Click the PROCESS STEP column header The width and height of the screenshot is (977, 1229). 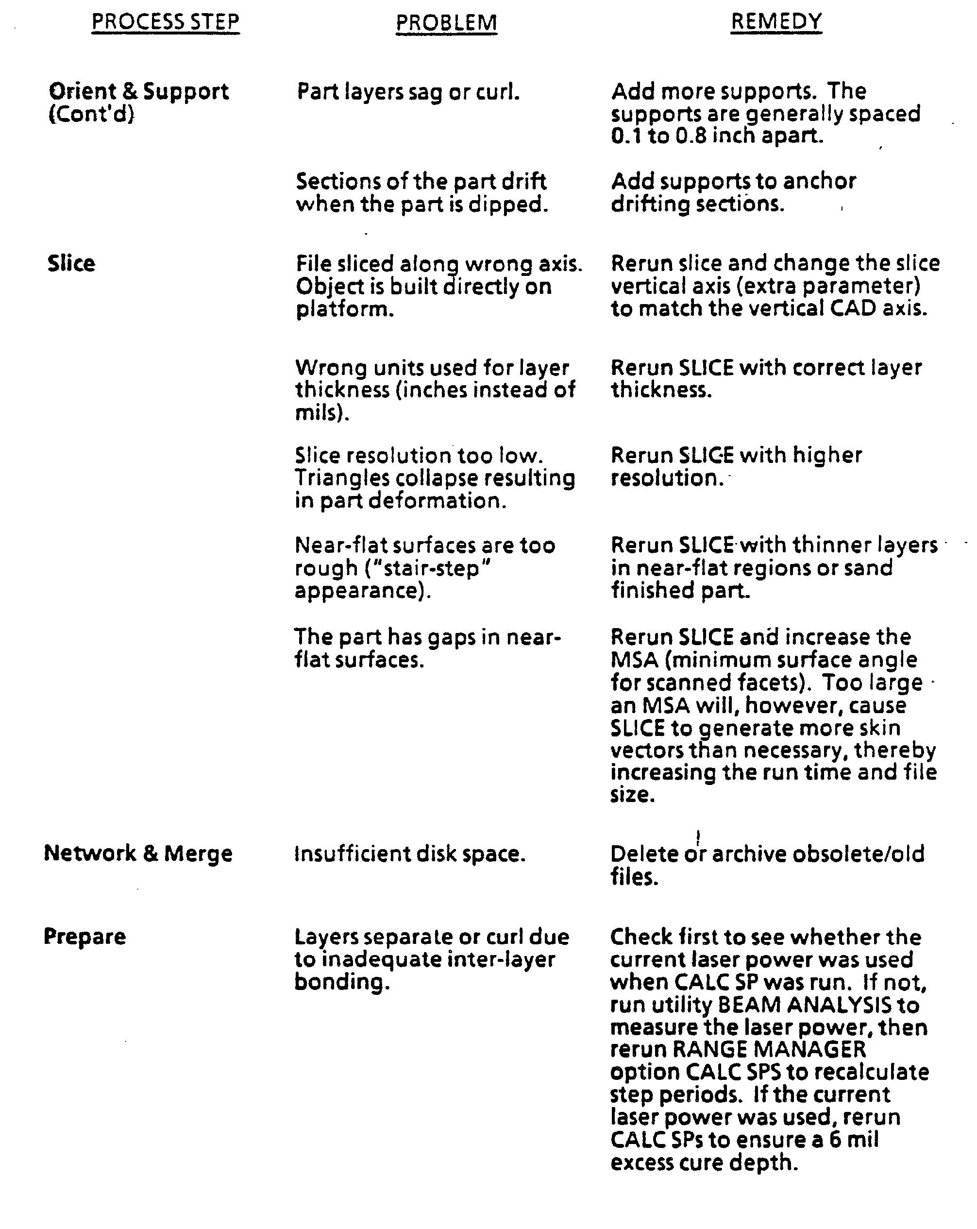tap(165, 22)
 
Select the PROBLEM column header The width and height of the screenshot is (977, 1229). tap(446, 23)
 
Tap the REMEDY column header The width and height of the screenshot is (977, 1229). tap(776, 22)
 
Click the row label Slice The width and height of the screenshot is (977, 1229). tap(71, 263)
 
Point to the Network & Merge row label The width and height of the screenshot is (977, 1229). tap(138, 853)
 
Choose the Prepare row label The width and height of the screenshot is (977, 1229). tap(85, 937)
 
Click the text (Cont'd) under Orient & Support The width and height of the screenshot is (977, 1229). tap(91, 114)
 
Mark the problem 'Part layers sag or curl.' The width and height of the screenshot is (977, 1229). tap(408, 92)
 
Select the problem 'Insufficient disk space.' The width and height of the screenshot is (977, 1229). tap(410, 854)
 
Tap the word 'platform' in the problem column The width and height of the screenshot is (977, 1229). tap(343, 309)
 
